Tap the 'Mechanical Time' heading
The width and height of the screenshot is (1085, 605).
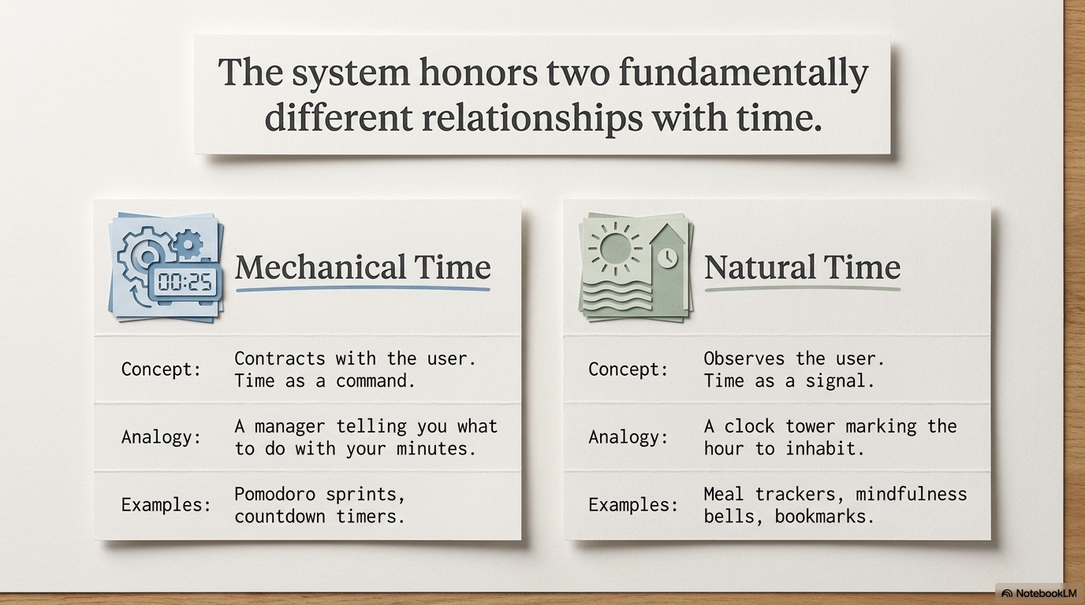pos(363,267)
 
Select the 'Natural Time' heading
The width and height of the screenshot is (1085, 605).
pos(802,267)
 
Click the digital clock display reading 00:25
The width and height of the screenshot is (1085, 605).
pos(185,282)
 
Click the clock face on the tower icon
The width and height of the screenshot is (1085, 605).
pos(667,257)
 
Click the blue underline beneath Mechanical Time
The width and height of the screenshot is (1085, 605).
pos(363,289)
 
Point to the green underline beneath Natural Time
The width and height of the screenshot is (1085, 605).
pos(802,289)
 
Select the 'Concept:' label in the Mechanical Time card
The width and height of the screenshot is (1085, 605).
pos(161,369)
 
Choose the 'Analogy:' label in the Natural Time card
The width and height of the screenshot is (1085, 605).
pos(628,437)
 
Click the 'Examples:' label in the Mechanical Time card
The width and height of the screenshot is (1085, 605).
pos(166,505)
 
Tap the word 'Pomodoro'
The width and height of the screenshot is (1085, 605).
pos(274,494)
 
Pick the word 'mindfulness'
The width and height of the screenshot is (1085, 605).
pos(911,494)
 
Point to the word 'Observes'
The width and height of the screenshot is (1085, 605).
pos(744,358)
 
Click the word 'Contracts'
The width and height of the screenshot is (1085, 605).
pos(280,358)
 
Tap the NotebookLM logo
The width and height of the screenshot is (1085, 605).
pos(1039,593)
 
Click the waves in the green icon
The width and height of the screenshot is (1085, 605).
pos(617,295)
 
